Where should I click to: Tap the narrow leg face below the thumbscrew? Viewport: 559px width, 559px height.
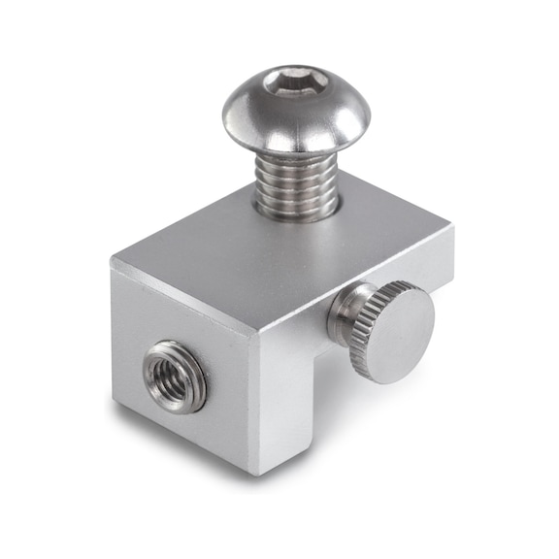coord(291,408)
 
